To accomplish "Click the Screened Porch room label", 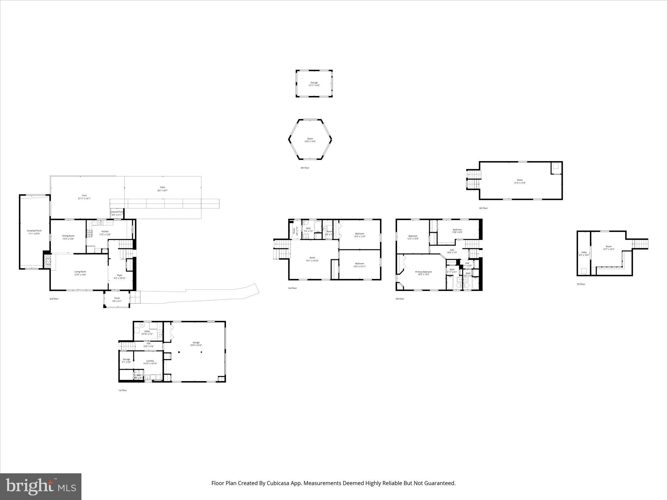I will (34, 231).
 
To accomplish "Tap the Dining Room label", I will (68, 236).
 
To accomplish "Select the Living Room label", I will (80, 272).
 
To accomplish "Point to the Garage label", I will (196, 342).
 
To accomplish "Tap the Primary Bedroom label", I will (423, 272).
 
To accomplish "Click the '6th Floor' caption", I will (483, 208).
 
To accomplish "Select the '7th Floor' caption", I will (581, 284).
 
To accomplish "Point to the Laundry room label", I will (150, 361).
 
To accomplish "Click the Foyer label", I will (120, 275).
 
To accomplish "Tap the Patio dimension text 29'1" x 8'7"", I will (163, 190).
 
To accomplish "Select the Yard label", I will (84, 196).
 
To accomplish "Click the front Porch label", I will (117, 298).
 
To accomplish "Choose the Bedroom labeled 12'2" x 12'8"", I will (413, 236).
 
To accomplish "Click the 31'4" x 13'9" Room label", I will (520, 180).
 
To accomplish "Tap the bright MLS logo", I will (41, 486).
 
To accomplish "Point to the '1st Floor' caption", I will (122, 390).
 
